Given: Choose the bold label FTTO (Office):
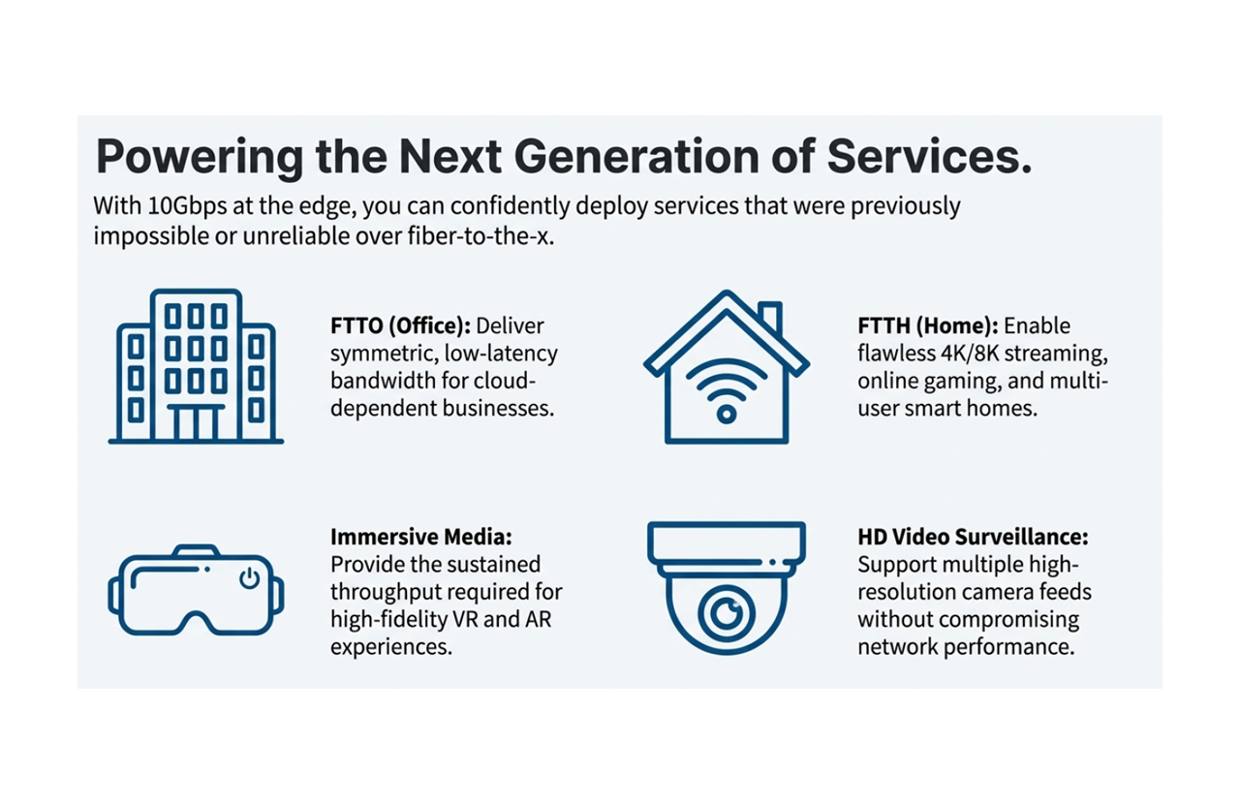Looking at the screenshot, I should click(x=400, y=325).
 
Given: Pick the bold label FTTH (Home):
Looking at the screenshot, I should click(x=928, y=325).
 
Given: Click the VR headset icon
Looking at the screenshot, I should click(x=196, y=591).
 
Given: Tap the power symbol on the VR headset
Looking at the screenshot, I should click(x=249, y=578).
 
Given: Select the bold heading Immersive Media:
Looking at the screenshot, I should click(x=421, y=537).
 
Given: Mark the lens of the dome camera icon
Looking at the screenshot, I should click(x=726, y=612).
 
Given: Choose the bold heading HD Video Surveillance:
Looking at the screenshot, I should click(x=973, y=537).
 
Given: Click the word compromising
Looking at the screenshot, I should click(x=1008, y=619).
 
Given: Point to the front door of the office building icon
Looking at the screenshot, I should click(x=196, y=423).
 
